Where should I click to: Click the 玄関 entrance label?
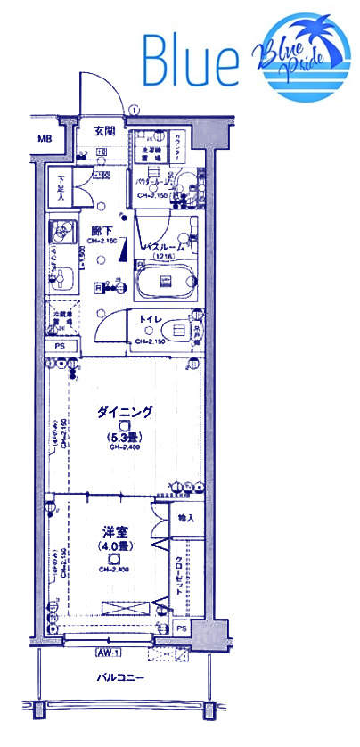click(x=104, y=131)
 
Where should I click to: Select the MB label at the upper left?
click(x=44, y=140)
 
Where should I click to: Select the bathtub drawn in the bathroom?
click(x=166, y=283)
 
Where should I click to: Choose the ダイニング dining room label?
click(x=124, y=412)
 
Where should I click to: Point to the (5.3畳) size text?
click(x=124, y=438)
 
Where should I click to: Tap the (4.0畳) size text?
click(x=114, y=546)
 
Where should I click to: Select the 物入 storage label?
click(x=185, y=518)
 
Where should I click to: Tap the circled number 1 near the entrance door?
click(x=133, y=110)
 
